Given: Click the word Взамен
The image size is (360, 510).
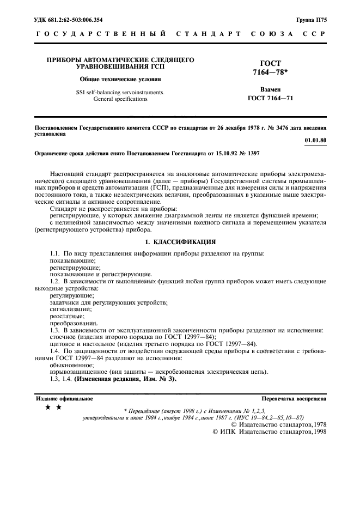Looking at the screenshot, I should click(271, 89).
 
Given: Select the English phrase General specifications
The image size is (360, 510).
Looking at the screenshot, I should click(113, 99).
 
